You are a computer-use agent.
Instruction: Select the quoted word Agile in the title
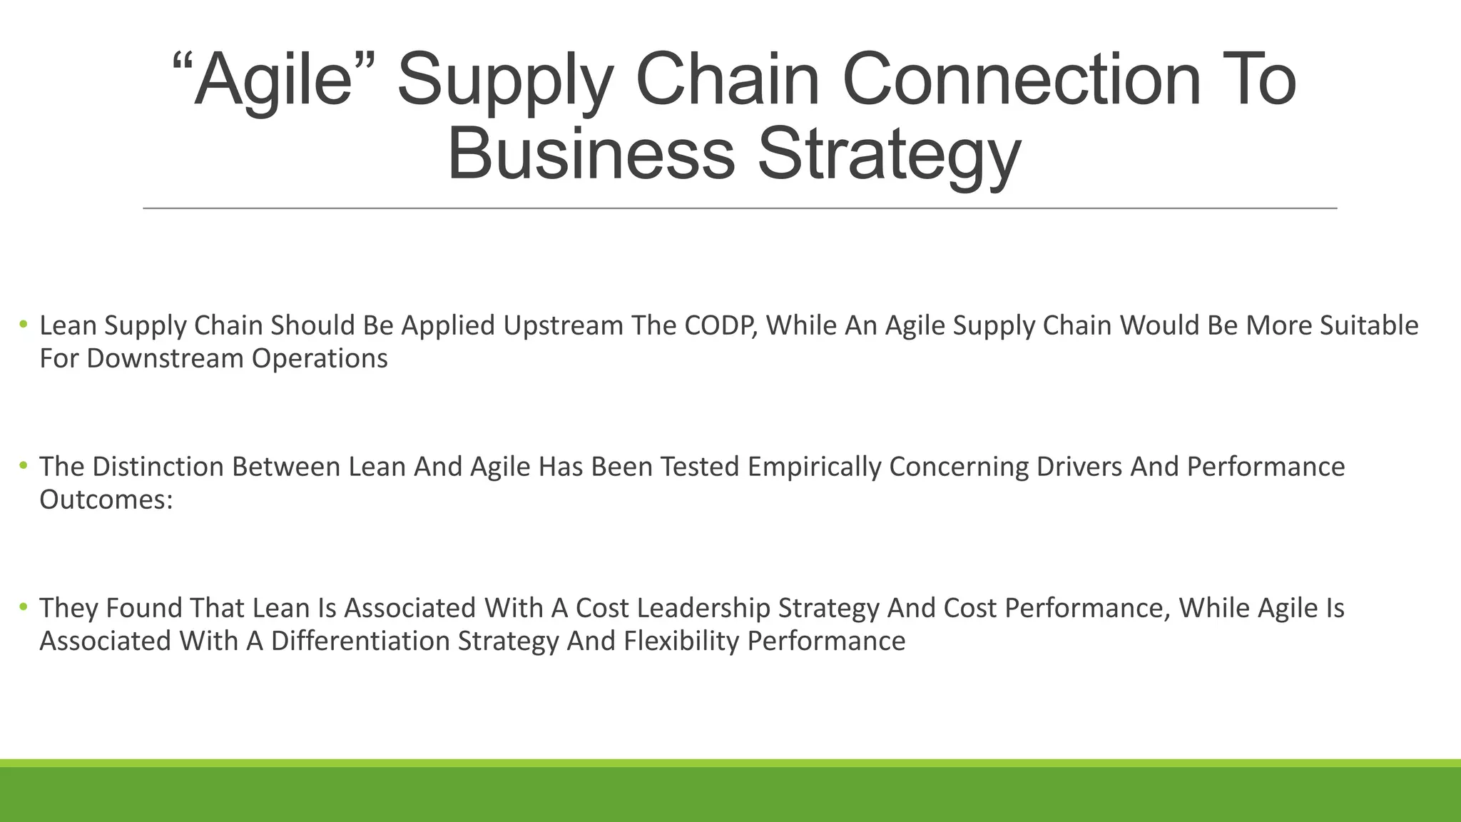pos(274,80)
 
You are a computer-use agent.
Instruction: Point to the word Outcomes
pos(106,499)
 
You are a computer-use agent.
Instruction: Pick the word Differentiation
pos(360,641)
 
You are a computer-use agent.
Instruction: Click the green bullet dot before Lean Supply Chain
pos(24,325)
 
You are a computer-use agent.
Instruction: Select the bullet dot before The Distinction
pos(24,467)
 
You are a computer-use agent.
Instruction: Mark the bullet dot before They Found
pos(24,608)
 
